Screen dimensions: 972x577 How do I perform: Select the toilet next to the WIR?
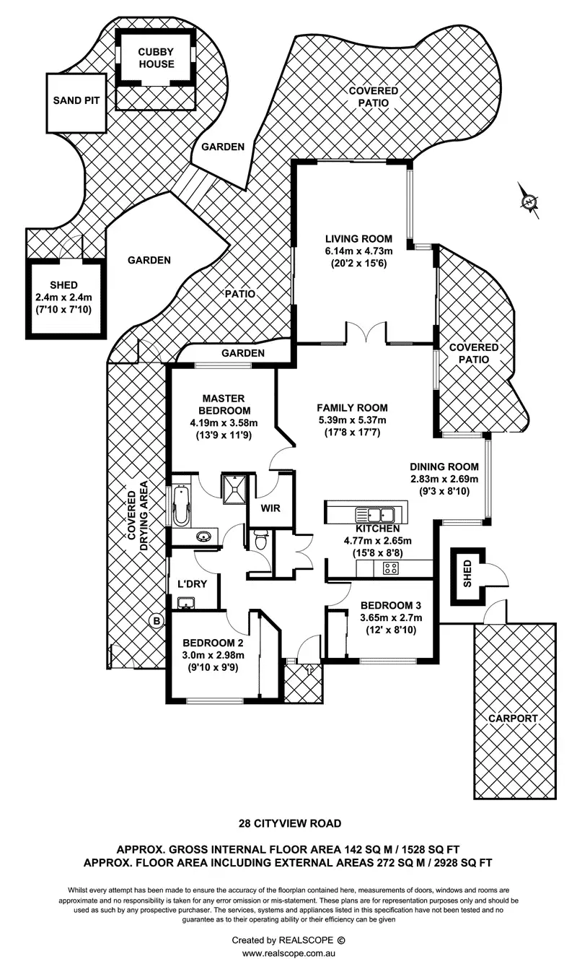point(261,538)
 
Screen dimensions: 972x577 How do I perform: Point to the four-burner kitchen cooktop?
point(391,568)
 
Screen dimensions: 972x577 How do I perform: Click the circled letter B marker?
point(155,620)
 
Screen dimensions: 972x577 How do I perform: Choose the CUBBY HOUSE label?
point(157,58)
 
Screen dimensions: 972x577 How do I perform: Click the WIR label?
point(270,508)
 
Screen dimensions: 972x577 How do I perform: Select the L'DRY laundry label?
point(192,583)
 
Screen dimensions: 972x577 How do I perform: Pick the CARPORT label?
point(513,718)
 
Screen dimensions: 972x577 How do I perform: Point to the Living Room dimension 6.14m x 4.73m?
point(358,251)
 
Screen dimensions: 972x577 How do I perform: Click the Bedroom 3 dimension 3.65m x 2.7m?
point(391,617)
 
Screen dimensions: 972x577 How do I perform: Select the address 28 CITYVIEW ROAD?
point(290,823)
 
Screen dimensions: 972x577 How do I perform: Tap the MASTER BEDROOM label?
point(224,404)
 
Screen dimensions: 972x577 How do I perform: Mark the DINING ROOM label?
point(444,467)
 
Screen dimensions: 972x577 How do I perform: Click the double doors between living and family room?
point(366,335)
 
